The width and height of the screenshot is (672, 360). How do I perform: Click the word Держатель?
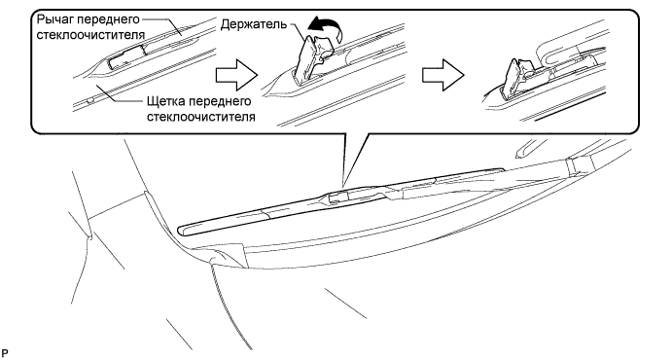pyautogui.click(x=253, y=24)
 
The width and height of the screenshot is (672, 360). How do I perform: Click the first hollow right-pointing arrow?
pyautogui.click(x=236, y=76)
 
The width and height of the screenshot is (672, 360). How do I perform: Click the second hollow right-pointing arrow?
pyautogui.click(x=443, y=76)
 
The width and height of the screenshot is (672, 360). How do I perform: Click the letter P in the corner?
pyautogui.click(x=5, y=353)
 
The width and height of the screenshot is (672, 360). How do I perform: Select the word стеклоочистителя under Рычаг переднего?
pyautogui.click(x=90, y=35)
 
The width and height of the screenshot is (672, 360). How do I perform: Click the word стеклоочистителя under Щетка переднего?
pyautogui.click(x=200, y=117)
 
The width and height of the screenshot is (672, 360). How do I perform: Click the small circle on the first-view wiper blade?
pyautogui.click(x=89, y=100)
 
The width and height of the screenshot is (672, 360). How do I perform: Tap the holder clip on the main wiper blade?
pyautogui.click(x=338, y=197)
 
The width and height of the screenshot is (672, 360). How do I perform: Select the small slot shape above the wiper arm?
pyautogui.click(x=525, y=149)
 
